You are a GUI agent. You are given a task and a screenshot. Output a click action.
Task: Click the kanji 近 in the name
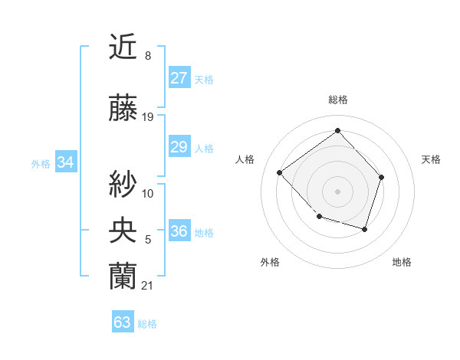(x=123, y=48)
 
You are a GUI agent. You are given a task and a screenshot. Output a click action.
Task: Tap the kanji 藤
(x=123, y=109)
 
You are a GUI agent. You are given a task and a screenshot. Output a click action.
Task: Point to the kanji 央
(x=123, y=229)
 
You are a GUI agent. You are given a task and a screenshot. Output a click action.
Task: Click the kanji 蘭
(x=123, y=274)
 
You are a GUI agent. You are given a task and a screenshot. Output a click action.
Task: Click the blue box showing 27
(x=179, y=78)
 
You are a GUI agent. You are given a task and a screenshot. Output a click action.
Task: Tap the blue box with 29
(x=179, y=146)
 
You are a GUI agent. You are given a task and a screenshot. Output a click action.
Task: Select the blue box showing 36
(x=179, y=232)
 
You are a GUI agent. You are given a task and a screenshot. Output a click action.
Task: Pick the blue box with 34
(x=65, y=162)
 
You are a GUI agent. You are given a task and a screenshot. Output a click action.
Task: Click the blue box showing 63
(x=123, y=322)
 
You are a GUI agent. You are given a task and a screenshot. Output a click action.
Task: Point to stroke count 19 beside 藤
(x=148, y=117)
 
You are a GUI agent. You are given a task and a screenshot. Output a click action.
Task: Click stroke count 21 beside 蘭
(x=148, y=285)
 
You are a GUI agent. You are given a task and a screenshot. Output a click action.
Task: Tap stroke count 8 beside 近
(x=148, y=56)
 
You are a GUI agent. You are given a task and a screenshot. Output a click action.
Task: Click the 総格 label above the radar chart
(x=337, y=100)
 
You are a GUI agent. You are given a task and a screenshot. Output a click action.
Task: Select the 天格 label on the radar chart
(x=431, y=159)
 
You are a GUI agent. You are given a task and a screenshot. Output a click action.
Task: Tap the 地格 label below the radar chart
(x=402, y=263)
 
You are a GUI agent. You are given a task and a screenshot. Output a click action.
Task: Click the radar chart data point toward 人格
(x=280, y=172)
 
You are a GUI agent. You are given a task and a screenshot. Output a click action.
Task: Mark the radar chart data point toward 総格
(x=337, y=130)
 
